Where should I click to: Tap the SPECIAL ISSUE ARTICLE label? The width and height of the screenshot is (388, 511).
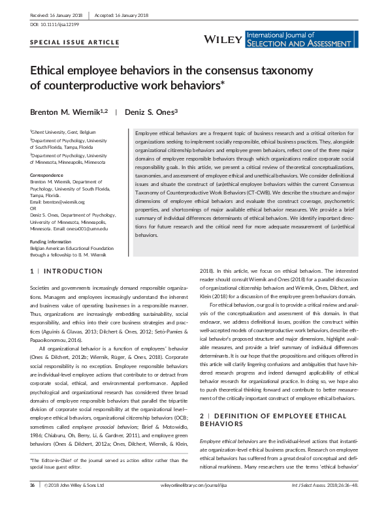click(75, 42)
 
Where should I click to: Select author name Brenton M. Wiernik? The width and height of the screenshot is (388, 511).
click(68, 112)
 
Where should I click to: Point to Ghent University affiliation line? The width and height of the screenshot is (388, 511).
click(63, 131)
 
